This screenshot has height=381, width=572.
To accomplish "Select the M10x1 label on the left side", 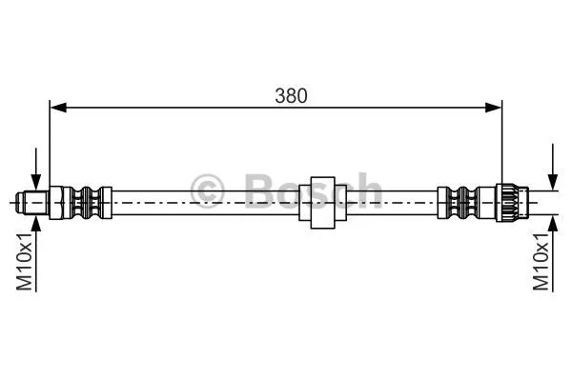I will pyautogui.click(x=26, y=264).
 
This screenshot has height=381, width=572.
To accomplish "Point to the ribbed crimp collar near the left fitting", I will pyautogui.click(x=88, y=202).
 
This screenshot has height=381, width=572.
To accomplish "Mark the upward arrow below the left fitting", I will pyautogui.click(x=35, y=224).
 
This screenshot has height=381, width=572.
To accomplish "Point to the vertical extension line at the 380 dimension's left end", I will pyautogui.click(x=51, y=143).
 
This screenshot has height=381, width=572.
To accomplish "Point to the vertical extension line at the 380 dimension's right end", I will pyautogui.click(x=501, y=143).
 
